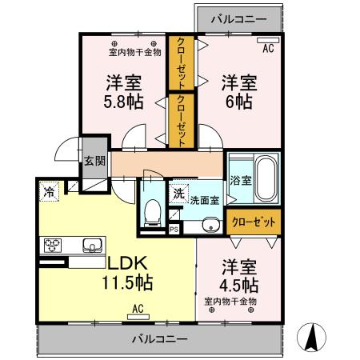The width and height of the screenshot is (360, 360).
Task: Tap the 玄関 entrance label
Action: pyautogui.click(x=94, y=160)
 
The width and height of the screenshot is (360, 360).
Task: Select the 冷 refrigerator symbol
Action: pyautogui.click(x=50, y=191)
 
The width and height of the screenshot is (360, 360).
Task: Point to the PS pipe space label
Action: pyautogui.click(x=174, y=230)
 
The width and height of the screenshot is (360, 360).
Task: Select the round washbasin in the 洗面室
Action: pyautogui.click(x=210, y=224)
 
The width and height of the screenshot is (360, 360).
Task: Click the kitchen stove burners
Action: pyautogui.click(x=54, y=245)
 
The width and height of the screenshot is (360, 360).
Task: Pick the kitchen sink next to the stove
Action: pyautogui.click(x=90, y=245)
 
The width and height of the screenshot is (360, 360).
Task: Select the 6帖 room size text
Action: pyautogui.click(x=238, y=102)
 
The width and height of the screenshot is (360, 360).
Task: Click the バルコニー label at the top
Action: pyautogui.click(x=239, y=18)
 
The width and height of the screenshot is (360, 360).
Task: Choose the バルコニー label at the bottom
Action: pyautogui.click(x=160, y=338)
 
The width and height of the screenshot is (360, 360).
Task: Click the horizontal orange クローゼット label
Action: pyautogui.click(x=254, y=221)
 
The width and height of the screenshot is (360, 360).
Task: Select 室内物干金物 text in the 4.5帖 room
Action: pyautogui.click(x=230, y=302)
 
